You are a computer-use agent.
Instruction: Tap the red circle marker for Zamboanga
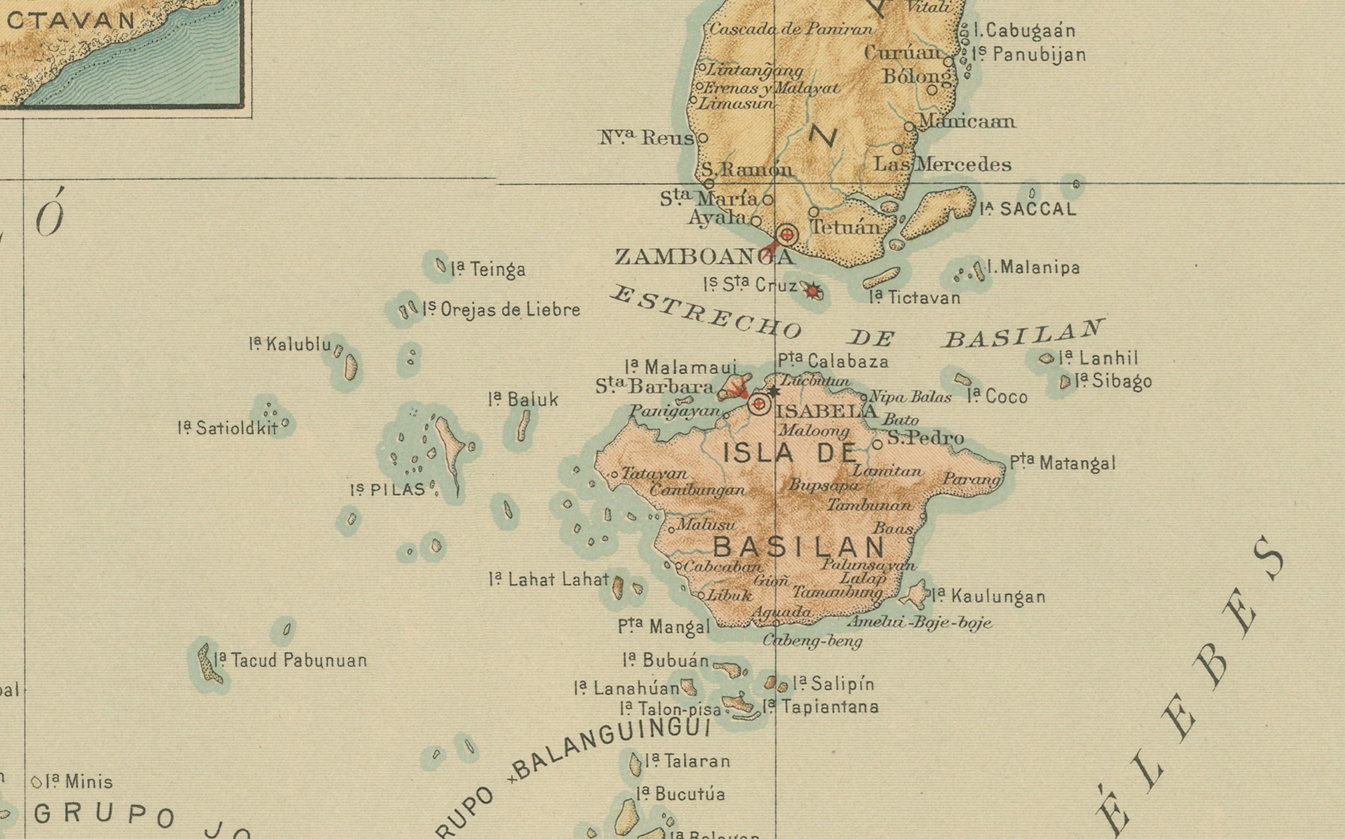click(787, 235)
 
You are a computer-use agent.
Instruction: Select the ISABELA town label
click(826, 411)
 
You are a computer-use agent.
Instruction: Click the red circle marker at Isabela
click(759, 404)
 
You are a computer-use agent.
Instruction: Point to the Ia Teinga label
click(488, 270)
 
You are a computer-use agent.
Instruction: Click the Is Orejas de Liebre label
click(501, 309)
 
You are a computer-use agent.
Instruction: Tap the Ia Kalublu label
click(291, 344)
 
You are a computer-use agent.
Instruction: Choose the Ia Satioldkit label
click(228, 428)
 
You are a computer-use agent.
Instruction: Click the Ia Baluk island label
click(523, 399)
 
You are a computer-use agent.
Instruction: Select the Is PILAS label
click(388, 490)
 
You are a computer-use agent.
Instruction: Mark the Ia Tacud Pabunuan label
click(291, 660)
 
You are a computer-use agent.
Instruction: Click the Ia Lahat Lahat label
click(549, 580)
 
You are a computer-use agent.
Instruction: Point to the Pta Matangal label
click(1062, 463)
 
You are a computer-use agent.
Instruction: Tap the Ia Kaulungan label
click(989, 597)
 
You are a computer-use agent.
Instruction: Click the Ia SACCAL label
click(1028, 209)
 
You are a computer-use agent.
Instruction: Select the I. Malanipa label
click(1033, 268)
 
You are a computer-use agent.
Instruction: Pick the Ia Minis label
click(79, 782)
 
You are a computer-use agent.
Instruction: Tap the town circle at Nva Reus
click(703, 138)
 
